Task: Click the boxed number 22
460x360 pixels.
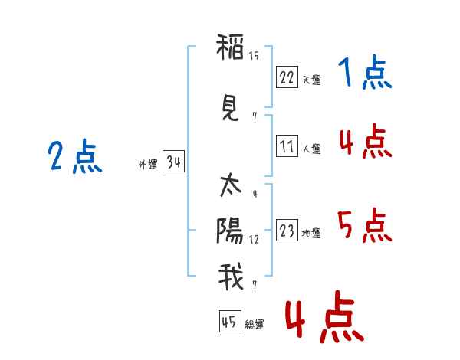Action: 287,77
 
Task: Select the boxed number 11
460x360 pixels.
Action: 287,146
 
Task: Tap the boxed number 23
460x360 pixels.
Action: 287,231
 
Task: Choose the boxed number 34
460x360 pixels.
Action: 173,162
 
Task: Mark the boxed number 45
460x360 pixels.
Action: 229,322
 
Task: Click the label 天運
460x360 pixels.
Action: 311,80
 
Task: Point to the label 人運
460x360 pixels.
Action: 311,149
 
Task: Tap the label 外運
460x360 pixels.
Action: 148,164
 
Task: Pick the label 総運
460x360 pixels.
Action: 255,325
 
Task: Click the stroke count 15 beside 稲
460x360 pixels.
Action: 254,55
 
